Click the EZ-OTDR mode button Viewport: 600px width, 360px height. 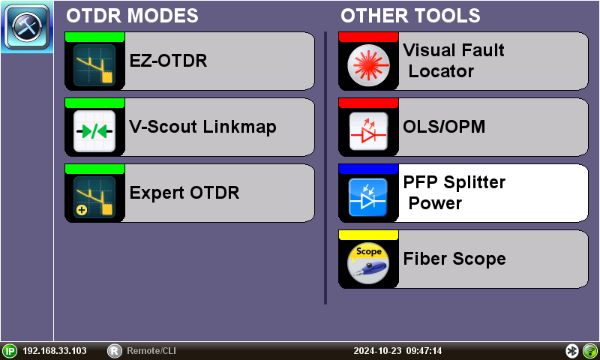(x=189, y=61)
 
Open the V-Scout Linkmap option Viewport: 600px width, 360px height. (x=189, y=127)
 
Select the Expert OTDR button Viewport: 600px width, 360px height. (x=189, y=193)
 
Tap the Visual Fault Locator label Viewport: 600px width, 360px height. (x=453, y=61)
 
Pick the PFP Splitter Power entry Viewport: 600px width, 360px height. (x=454, y=193)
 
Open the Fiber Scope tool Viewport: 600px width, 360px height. (x=454, y=259)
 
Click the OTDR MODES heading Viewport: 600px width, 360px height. (x=133, y=16)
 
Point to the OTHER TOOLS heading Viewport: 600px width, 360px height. (x=410, y=16)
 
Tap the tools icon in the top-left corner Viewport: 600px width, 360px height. (x=27, y=26)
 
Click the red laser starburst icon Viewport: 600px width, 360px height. (x=369, y=66)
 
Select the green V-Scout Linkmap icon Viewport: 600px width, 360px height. (x=94, y=131)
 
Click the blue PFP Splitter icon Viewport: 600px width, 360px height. (x=369, y=197)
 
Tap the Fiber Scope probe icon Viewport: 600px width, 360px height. (x=369, y=263)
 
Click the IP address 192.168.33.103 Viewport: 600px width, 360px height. (x=54, y=351)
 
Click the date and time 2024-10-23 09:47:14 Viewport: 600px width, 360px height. (x=397, y=351)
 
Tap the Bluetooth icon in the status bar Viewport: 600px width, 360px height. (x=571, y=351)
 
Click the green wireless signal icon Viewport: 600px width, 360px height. (x=589, y=351)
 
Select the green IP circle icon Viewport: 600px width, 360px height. (x=10, y=351)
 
